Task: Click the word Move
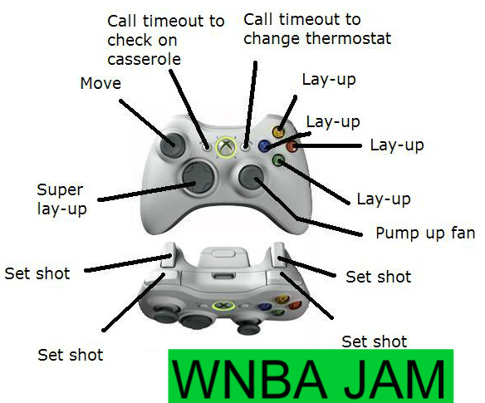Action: (100, 84)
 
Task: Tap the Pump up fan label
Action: (425, 233)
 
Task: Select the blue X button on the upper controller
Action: (265, 145)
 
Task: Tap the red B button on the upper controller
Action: (292, 146)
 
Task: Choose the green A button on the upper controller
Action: (278, 160)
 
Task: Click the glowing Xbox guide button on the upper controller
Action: (225, 148)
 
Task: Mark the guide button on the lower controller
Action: (222, 305)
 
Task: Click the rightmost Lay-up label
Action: (396, 145)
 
